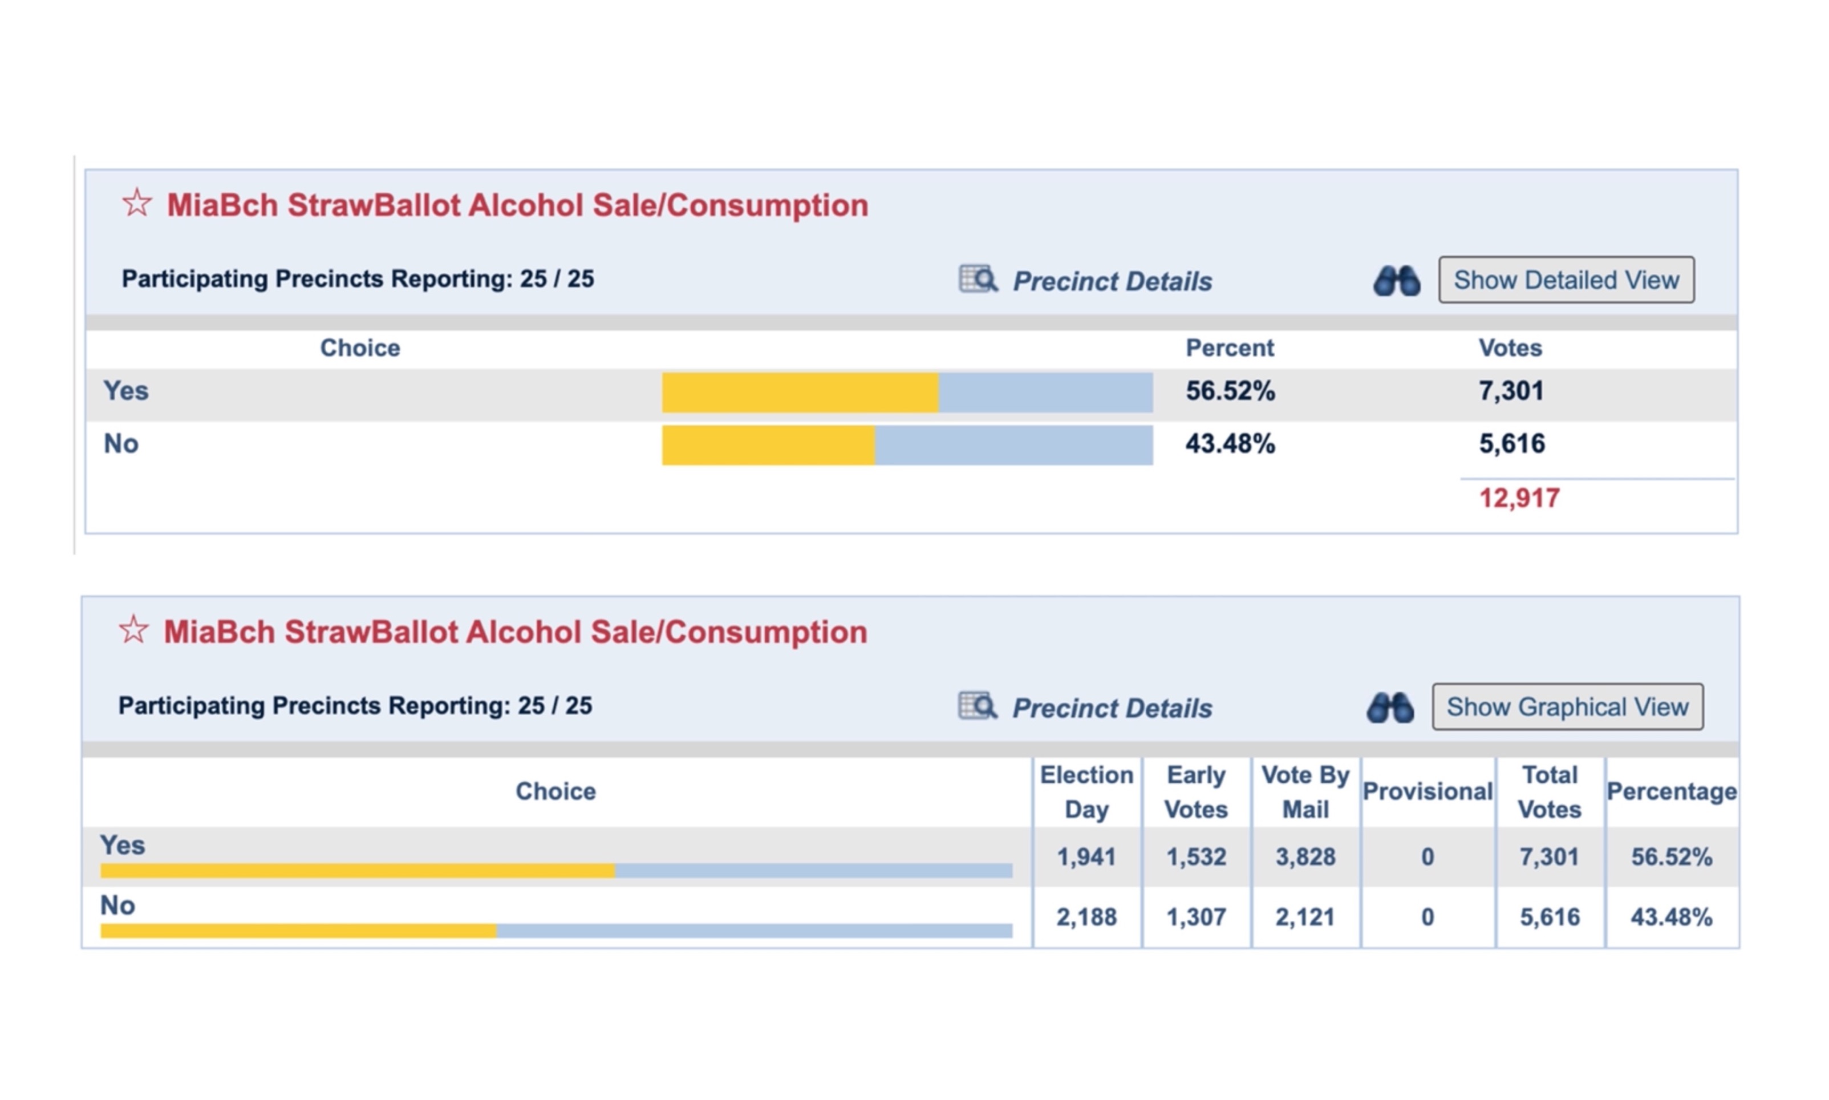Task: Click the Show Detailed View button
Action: (1566, 280)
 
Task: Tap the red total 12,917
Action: (1519, 498)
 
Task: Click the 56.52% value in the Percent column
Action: (1230, 391)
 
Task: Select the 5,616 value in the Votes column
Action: (1511, 443)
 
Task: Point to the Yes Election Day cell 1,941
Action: (1086, 857)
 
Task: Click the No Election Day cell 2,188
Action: (1086, 917)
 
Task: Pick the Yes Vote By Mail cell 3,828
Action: (1305, 857)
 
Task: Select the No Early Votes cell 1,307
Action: (1195, 917)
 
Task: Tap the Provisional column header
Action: (1427, 792)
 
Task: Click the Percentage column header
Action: (1671, 792)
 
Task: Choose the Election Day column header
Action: (1086, 792)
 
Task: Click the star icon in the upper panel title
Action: (137, 203)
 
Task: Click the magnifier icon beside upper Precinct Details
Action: (978, 280)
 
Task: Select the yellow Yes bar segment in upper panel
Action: (800, 392)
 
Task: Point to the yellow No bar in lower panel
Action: (298, 931)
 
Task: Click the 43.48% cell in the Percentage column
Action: (1671, 917)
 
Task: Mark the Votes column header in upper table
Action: (1510, 347)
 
